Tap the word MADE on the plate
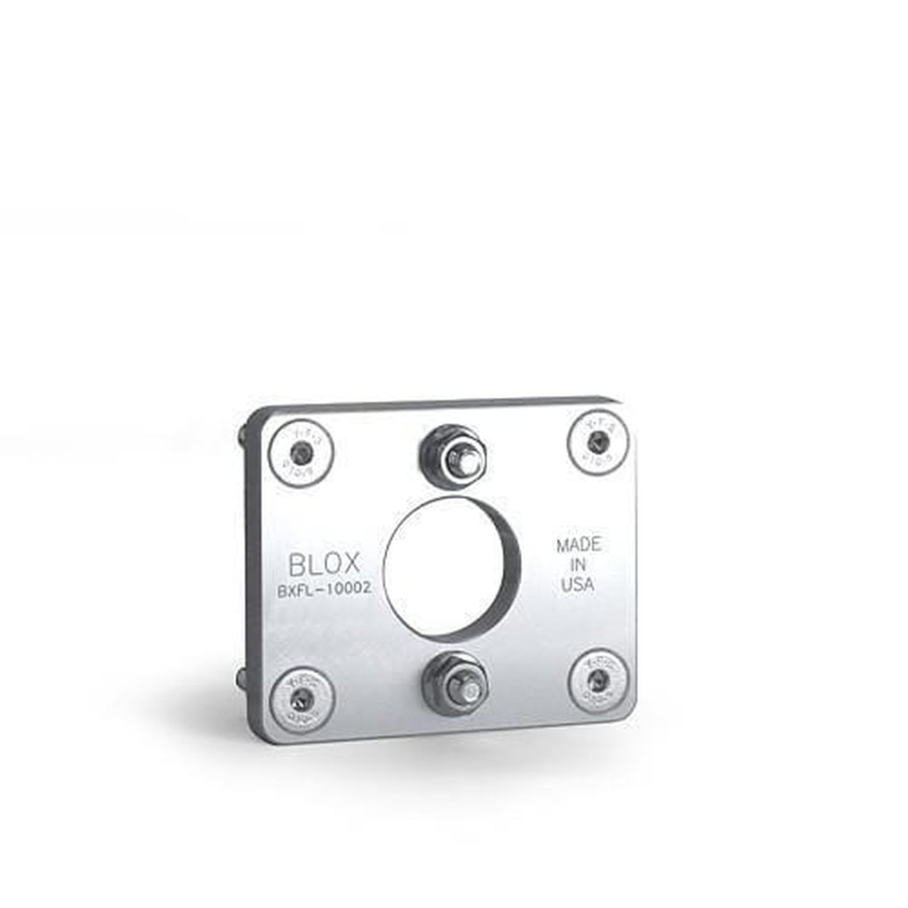click(579, 546)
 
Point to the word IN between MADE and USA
click(578, 565)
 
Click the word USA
click(578, 585)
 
